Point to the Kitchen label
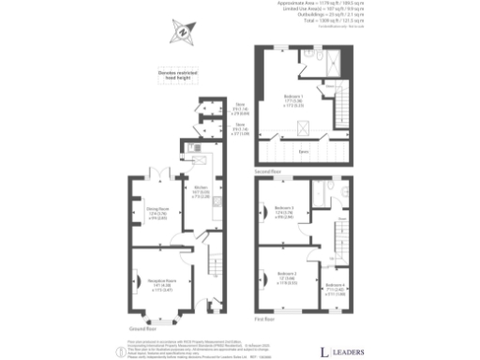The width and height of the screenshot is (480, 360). point(201,188)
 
